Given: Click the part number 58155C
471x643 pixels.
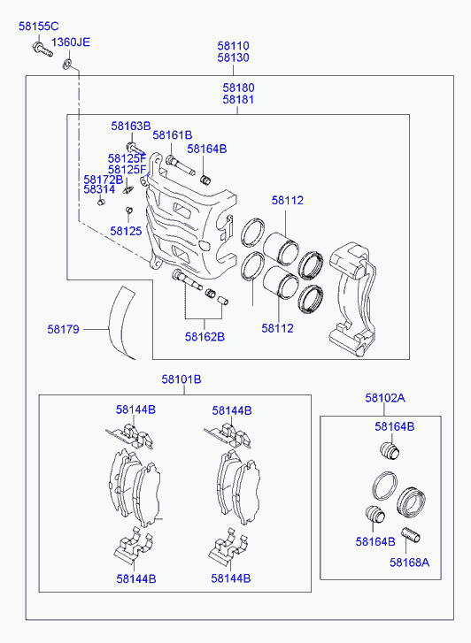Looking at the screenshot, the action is (x=39, y=27).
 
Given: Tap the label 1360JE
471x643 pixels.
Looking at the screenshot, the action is (x=71, y=42).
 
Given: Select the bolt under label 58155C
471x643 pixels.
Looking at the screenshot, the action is (x=42, y=50).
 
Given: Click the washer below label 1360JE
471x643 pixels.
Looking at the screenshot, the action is (x=67, y=64).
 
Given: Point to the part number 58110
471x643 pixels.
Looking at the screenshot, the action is (x=233, y=45).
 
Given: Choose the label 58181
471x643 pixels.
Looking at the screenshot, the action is (x=238, y=99).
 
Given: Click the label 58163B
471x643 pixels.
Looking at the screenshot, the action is (x=131, y=126).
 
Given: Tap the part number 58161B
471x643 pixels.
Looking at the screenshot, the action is (x=173, y=135).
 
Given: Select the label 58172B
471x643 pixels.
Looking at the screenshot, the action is (x=104, y=180).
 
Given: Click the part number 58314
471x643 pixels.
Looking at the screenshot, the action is (x=99, y=189).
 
